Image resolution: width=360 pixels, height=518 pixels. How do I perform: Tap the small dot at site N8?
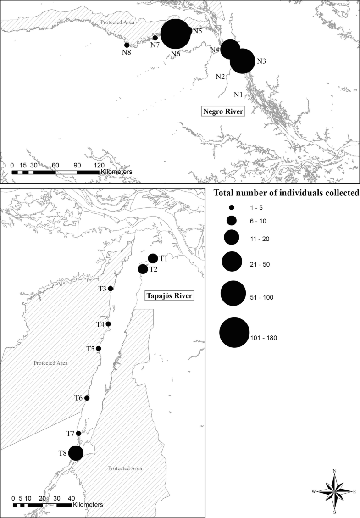click(x=127, y=45)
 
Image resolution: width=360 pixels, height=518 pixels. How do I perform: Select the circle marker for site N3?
click(x=242, y=61)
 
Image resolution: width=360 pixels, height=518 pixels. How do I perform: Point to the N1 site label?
click(x=238, y=95)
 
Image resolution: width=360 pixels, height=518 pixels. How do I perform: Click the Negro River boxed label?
click(x=222, y=111)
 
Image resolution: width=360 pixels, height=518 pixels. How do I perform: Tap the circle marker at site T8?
click(x=76, y=453)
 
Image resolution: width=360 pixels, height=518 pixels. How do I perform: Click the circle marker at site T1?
click(x=153, y=259)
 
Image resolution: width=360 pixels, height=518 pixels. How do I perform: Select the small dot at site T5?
click(x=98, y=349)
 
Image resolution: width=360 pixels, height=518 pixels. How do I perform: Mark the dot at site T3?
click(x=110, y=289)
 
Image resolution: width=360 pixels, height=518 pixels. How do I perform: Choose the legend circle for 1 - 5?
click(x=232, y=207)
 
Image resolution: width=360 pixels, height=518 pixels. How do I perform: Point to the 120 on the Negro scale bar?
click(x=99, y=165)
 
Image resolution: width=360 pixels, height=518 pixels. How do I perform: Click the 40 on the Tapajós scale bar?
click(x=71, y=498)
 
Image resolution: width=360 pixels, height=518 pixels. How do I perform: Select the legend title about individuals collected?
click(x=286, y=193)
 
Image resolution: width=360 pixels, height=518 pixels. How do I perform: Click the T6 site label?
click(x=79, y=398)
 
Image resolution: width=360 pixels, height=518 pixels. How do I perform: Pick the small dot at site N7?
click(x=155, y=38)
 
